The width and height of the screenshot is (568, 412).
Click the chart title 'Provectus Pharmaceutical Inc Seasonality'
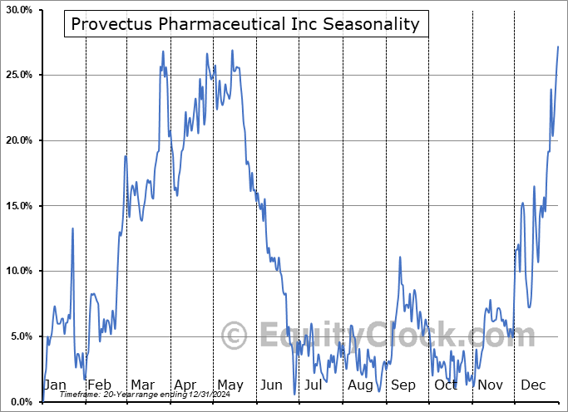pyautogui.click(x=245, y=24)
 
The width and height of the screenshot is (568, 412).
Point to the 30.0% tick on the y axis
pyautogui.click(x=19, y=10)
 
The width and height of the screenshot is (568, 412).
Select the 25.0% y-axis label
pyautogui.click(x=19, y=76)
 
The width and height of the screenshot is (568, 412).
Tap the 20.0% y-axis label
pyautogui.click(x=19, y=140)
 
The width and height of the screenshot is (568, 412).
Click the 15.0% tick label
pyautogui.click(x=19, y=206)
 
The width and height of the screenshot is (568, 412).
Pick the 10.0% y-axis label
pyautogui.click(x=19, y=272)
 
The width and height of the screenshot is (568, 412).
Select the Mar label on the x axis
pyautogui.click(x=143, y=385)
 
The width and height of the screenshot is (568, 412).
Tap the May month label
pyautogui.click(x=230, y=385)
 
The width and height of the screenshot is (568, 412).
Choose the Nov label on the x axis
pyautogui.click(x=491, y=385)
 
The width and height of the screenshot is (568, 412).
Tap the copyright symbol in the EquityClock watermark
pyautogui.click(x=234, y=336)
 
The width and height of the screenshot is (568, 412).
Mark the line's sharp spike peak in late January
pyautogui.click(x=72, y=228)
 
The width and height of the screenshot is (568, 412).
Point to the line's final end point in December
pyautogui.click(x=558, y=47)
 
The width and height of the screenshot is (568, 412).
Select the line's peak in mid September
pyautogui.click(x=400, y=257)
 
